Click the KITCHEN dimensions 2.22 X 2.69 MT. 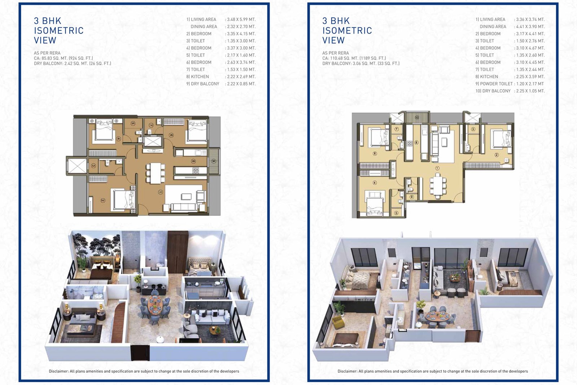click(241, 76)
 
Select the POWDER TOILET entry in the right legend click(494, 84)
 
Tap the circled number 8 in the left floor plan click(193, 162)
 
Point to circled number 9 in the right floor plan click(412, 197)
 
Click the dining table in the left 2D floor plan click(155, 173)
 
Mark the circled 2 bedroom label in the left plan click(103, 201)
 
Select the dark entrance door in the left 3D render click(140, 353)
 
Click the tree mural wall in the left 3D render click(96, 245)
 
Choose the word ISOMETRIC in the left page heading click(59, 31)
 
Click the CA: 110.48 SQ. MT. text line click(354, 58)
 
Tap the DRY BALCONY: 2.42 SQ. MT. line click(72, 64)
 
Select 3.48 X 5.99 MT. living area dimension click(241, 19)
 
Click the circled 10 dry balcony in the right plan click(417, 118)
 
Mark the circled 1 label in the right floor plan click(437, 168)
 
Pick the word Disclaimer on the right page click(348, 371)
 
